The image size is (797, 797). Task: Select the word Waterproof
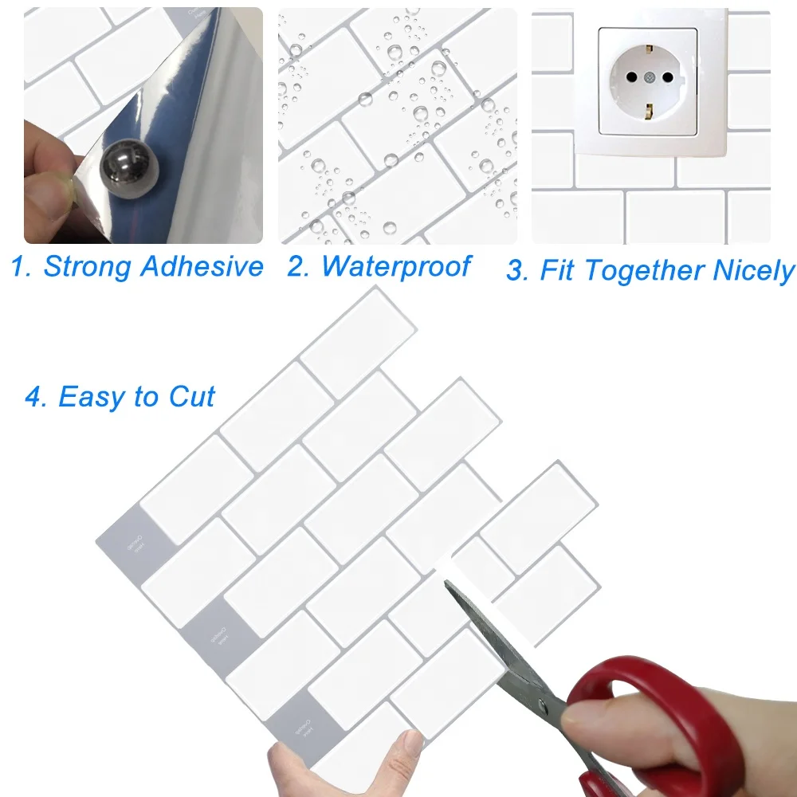[x=396, y=266]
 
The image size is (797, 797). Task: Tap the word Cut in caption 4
[x=192, y=396]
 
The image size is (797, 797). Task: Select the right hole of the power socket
[x=667, y=79]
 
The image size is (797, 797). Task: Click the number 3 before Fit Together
[x=517, y=272]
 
